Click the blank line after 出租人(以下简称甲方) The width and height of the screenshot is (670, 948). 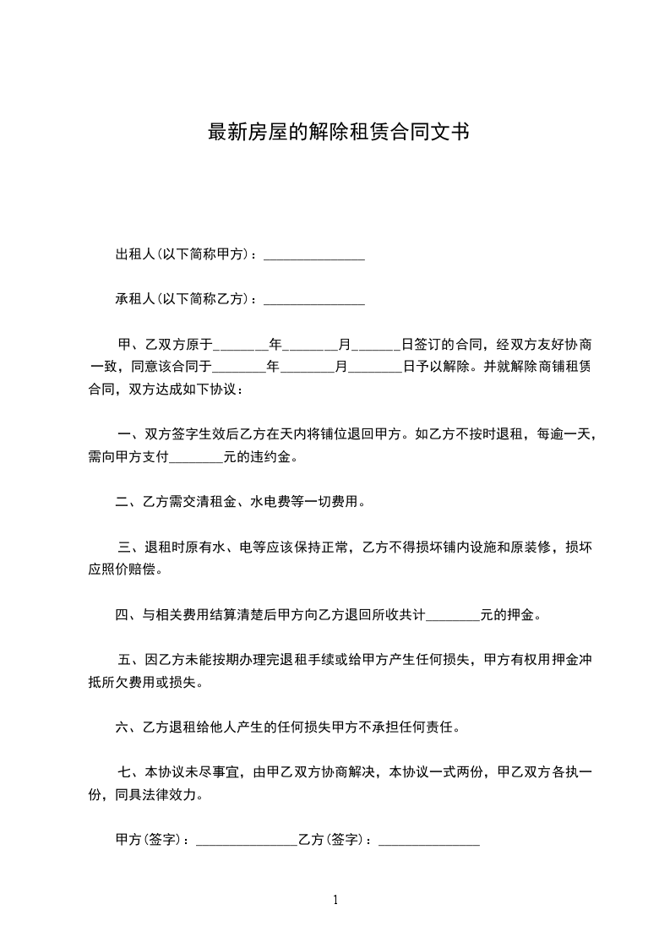pos(314,255)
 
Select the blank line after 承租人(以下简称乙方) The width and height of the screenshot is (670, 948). pos(314,299)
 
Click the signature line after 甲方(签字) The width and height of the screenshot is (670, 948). pos(246,841)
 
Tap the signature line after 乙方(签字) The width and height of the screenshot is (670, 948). pos(429,841)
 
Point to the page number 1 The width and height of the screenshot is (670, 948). pos(335,901)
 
